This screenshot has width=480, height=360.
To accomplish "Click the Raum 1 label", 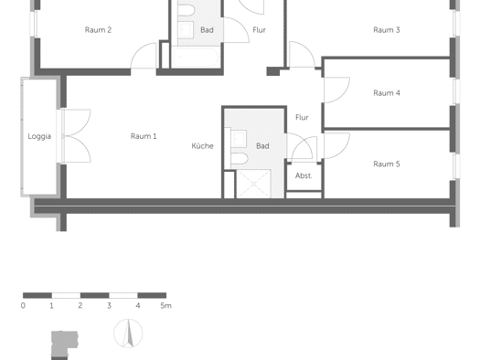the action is pos(144,136).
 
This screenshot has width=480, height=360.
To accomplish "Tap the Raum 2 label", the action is pos(98,30).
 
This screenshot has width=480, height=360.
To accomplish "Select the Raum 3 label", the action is pos(387,30).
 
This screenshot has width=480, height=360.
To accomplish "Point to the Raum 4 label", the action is pos(387,93).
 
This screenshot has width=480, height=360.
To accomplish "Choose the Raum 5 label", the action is pos(387,164).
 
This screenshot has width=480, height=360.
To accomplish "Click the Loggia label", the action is pos(39,136).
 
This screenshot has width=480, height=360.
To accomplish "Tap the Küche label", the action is pos(202,146).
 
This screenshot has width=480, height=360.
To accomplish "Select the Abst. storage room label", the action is pos(304,175).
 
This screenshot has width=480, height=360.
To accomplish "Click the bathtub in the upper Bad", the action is pos(196,58).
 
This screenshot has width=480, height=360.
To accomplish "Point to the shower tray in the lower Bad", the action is pos(253,184).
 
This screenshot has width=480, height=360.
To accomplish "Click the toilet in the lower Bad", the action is pos(239,159).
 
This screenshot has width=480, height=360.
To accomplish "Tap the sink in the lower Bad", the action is pos(239,138).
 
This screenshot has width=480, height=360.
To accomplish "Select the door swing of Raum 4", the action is pos(336,90).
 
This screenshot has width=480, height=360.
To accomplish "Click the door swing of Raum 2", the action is pos(144,56).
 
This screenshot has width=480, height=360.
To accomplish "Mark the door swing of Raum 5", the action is pos(336,145).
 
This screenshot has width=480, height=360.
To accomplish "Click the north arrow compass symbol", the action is pos(128,334).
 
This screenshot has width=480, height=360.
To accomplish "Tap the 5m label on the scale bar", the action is pos(165,305).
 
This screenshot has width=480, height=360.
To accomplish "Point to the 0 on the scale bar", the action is pos(23,305).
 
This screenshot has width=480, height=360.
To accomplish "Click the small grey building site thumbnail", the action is pos(65,345).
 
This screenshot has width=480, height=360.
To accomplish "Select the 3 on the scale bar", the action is pos(109,305).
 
